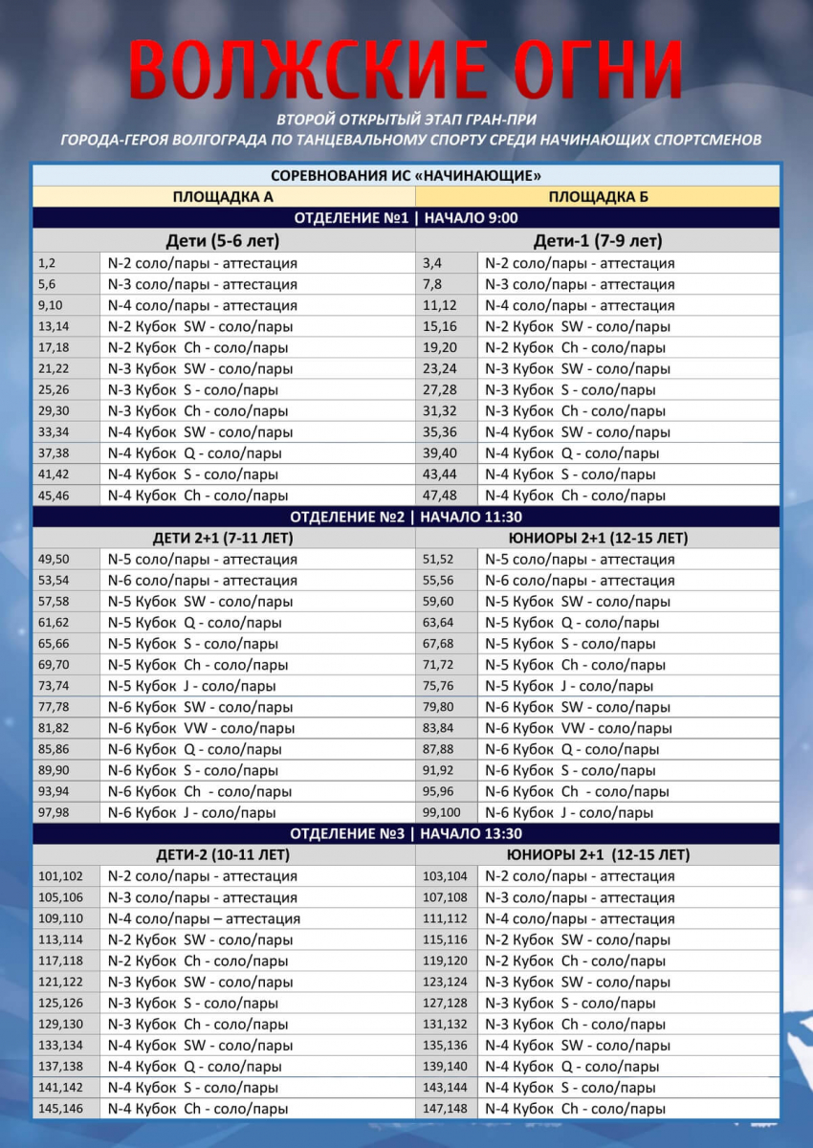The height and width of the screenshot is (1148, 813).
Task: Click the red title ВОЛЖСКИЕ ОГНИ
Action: click(x=406, y=70)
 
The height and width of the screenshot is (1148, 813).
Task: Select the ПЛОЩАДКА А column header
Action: click(x=223, y=197)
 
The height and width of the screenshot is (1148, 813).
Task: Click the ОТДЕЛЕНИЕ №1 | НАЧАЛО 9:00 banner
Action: click(x=406, y=218)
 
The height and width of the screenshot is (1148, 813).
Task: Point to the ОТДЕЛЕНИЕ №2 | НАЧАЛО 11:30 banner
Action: click(x=406, y=517)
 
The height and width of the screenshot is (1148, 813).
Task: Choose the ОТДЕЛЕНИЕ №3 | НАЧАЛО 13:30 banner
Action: click(x=406, y=833)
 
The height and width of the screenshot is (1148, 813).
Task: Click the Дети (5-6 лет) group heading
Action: click(x=223, y=240)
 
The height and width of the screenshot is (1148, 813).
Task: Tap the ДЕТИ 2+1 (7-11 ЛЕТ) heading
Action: click(x=223, y=538)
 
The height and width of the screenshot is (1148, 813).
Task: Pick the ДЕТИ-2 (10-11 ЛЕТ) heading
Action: click(x=223, y=854)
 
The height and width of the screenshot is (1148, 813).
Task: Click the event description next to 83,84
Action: click(x=579, y=728)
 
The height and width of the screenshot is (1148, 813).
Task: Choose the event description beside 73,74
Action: click(x=192, y=686)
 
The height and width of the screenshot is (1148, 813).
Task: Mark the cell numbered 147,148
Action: click(x=446, y=1109)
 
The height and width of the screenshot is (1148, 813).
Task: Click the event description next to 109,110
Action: click(x=204, y=918)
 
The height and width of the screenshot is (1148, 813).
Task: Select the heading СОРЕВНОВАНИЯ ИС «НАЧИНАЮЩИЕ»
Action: click(x=406, y=176)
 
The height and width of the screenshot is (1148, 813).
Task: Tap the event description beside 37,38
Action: click(x=195, y=453)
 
